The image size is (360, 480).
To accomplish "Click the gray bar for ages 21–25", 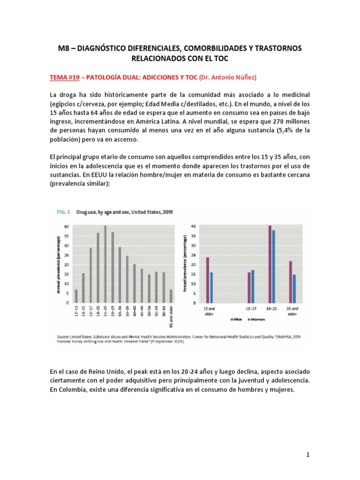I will coord(105,264).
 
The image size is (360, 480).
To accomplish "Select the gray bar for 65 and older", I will coord(171,296).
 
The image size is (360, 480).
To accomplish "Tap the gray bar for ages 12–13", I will coord(76,296).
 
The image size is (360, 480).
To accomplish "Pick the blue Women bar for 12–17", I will coord(253,286).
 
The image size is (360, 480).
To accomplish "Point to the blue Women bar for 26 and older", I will coord(294,288).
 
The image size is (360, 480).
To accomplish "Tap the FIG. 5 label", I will coord(63,212).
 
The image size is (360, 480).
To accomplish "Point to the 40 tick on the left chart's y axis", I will coord(67,226).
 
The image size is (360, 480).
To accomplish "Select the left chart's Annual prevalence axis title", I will coord(59,265).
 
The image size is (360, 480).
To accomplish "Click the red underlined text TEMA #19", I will coord(66,76).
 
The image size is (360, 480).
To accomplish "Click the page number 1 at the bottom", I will coord(308,454).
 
